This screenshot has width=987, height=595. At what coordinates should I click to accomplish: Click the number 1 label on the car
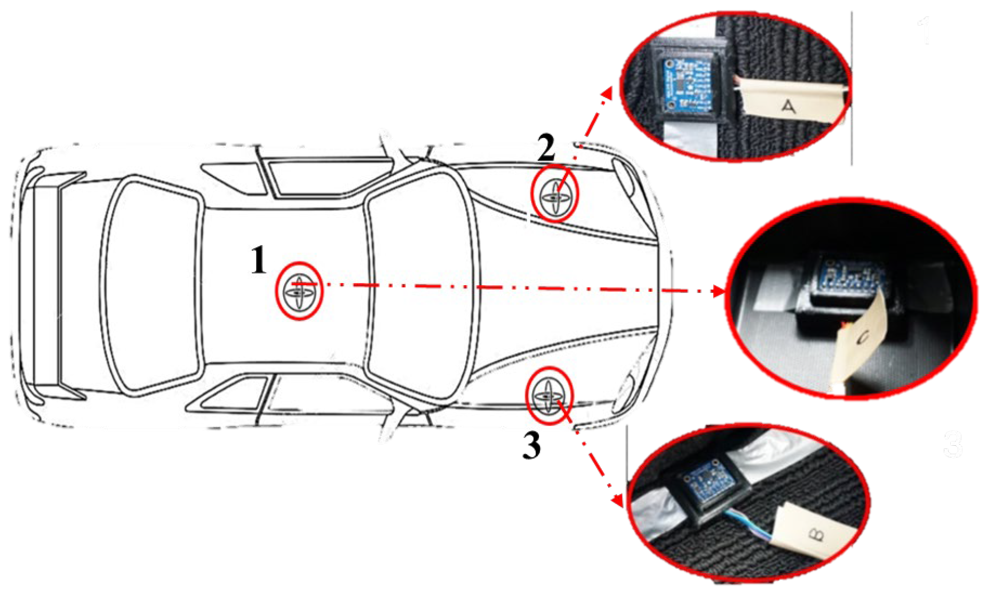click(x=259, y=260)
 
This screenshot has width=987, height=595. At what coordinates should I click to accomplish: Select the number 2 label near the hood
click(x=546, y=148)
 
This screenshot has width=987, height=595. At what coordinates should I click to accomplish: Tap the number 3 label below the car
click(x=531, y=445)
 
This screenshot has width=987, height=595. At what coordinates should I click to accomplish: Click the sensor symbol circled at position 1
click(x=299, y=291)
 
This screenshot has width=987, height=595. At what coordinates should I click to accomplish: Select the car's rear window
click(x=152, y=288)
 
